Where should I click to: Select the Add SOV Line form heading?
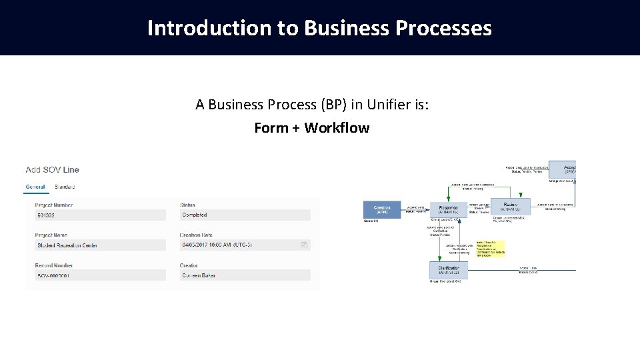click(53, 170)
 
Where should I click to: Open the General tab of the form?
click(35, 187)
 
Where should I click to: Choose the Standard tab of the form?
click(65, 187)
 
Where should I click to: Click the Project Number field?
click(100, 215)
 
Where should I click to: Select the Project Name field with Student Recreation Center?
click(100, 245)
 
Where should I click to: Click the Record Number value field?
click(100, 275)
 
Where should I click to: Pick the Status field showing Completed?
click(245, 215)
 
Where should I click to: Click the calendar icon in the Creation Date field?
click(305, 245)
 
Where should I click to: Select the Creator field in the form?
click(245, 275)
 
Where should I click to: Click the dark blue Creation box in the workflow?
click(382, 209)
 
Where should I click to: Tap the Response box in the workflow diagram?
click(448, 209)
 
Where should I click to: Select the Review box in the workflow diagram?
click(511, 207)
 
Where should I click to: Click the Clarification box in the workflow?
click(448, 271)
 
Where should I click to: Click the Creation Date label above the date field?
click(197, 235)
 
